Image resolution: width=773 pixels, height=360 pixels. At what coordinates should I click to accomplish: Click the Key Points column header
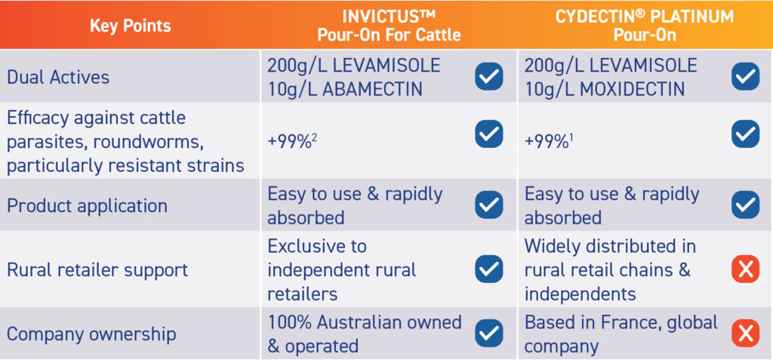tap(130, 26)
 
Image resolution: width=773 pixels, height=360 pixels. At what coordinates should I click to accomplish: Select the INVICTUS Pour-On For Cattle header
tap(389, 26)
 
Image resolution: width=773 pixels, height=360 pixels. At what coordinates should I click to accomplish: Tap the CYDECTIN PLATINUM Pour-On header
tap(645, 26)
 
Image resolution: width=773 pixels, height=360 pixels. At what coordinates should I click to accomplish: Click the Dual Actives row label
tap(58, 78)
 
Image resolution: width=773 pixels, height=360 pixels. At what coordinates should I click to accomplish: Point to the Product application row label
tap(88, 205)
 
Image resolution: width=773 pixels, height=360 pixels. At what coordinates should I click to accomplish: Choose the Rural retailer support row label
tap(97, 270)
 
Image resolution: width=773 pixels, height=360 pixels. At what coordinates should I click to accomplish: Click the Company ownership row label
tap(91, 334)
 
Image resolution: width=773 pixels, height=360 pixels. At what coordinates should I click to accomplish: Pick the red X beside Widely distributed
tap(745, 269)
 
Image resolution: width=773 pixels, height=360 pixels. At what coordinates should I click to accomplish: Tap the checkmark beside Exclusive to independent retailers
tap(489, 269)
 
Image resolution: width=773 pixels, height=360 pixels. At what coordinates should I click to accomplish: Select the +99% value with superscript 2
tap(292, 142)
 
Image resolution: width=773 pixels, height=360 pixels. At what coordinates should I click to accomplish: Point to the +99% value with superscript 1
tap(550, 142)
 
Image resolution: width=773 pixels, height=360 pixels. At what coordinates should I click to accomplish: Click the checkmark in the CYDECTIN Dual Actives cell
tap(745, 76)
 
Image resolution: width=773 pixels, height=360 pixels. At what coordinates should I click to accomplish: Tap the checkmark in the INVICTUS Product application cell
tap(489, 205)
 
